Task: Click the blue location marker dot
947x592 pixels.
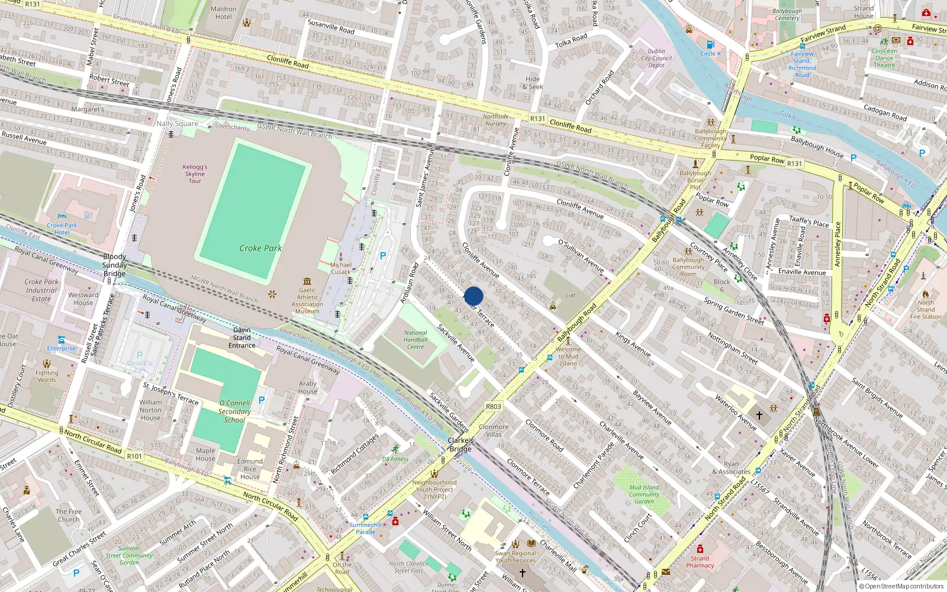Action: click(x=474, y=297)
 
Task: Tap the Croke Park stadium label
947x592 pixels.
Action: click(x=260, y=248)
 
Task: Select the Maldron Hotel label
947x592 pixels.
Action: click(x=224, y=12)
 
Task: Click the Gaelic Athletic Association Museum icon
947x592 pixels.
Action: click(x=307, y=281)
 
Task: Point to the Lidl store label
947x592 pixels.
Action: click(x=571, y=295)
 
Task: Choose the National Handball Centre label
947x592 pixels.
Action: click(x=415, y=340)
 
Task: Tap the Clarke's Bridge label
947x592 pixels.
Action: click(x=460, y=444)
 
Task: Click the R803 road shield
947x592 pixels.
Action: click(x=493, y=407)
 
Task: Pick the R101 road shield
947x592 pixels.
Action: click(x=134, y=456)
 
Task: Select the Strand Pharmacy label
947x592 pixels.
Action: click(x=700, y=562)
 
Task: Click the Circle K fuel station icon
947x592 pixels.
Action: click(x=710, y=44)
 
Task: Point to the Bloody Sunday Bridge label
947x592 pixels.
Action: click(x=114, y=265)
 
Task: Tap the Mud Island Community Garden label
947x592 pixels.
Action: click(x=644, y=494)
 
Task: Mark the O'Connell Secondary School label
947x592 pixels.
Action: click(x=234, y=411)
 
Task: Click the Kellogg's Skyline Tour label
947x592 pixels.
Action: click(x=195, y=174)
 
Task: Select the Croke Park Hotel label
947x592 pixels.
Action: click(x=62, y=229)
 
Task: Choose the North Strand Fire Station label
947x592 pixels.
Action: click(x=926, y=309)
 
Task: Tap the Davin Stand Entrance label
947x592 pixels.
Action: click(x=242, y=337)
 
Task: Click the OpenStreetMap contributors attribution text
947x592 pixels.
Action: click(x=904, y=586)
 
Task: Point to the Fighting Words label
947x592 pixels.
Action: click(x=47, y=376)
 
